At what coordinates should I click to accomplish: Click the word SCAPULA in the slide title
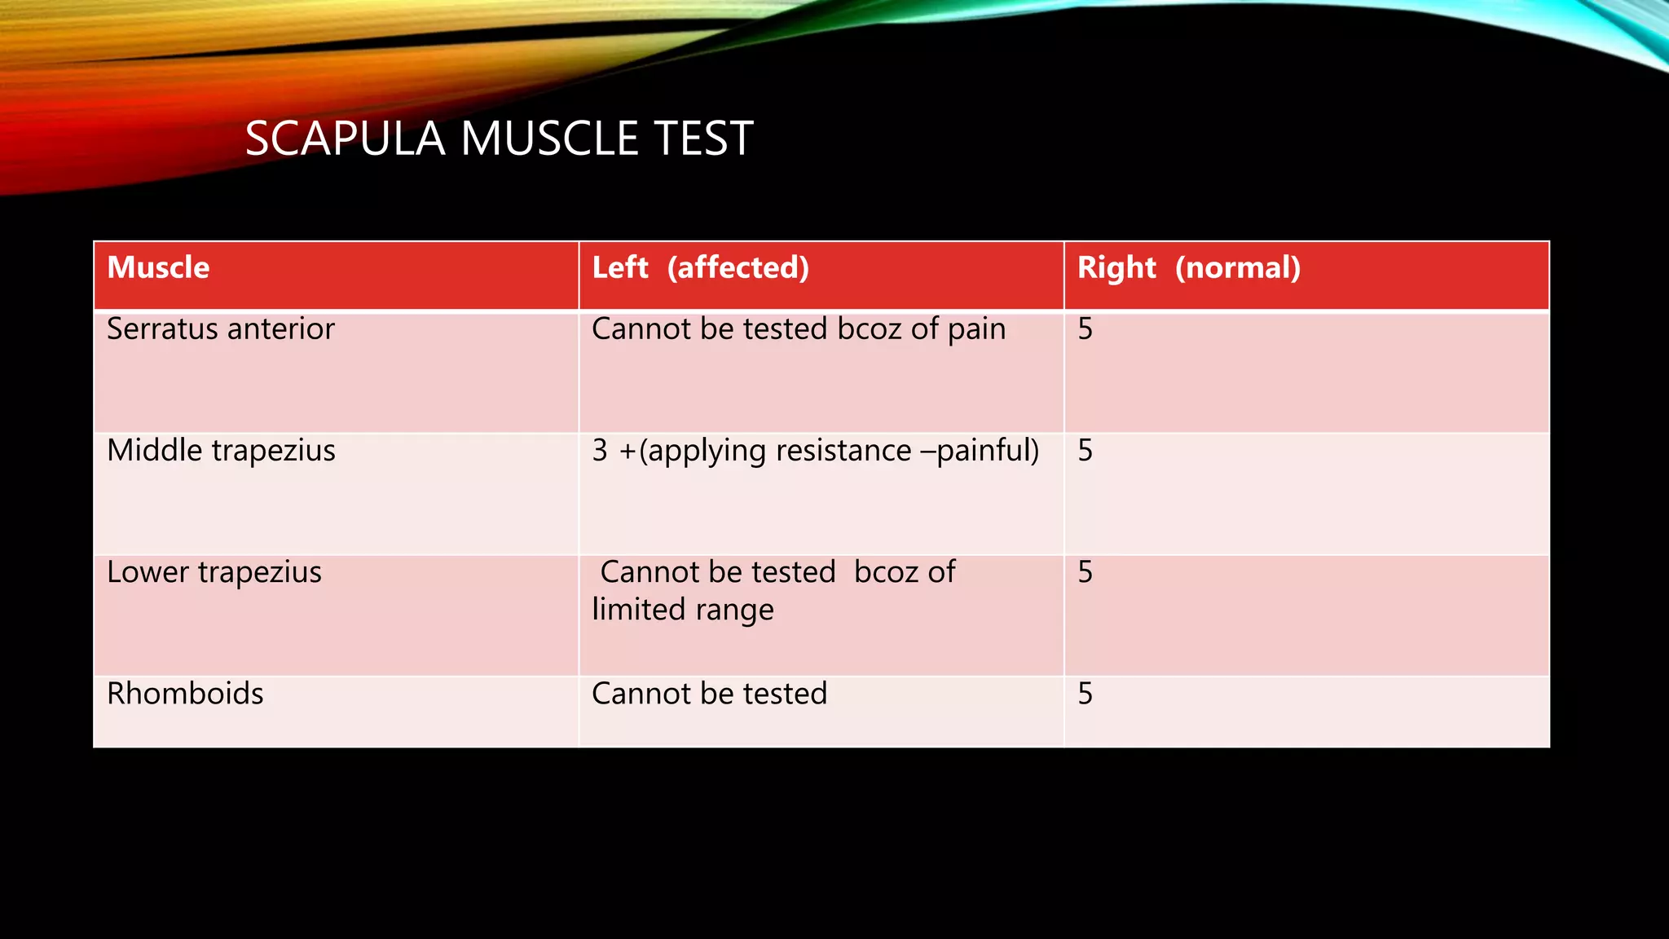coord(345,139)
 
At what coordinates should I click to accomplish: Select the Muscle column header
coord(158,268)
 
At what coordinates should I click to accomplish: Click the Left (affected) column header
coord(700,268)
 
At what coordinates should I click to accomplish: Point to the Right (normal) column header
coord(1188,268)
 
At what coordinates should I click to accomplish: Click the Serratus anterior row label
coord(220,329)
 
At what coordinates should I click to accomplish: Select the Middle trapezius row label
coord(221,451)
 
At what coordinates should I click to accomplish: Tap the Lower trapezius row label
coord(214,572)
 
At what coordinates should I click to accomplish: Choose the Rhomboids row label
coord(185,694)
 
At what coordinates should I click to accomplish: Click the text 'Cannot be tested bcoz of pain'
coord(798,329)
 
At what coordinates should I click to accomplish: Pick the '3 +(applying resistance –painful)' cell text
coord(815,451)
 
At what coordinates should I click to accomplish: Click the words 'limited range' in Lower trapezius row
coord(682,610)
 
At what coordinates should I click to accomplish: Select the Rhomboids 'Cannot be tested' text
coord(709,694)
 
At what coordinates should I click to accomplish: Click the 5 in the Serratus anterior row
coord(1085,329)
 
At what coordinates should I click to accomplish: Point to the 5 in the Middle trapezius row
coord(1085,451)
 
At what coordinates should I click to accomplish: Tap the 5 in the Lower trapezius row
coord(1085,572)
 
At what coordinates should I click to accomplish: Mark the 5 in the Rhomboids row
coord(1085,694)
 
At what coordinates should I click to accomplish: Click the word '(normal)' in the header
coord(1237,268)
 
